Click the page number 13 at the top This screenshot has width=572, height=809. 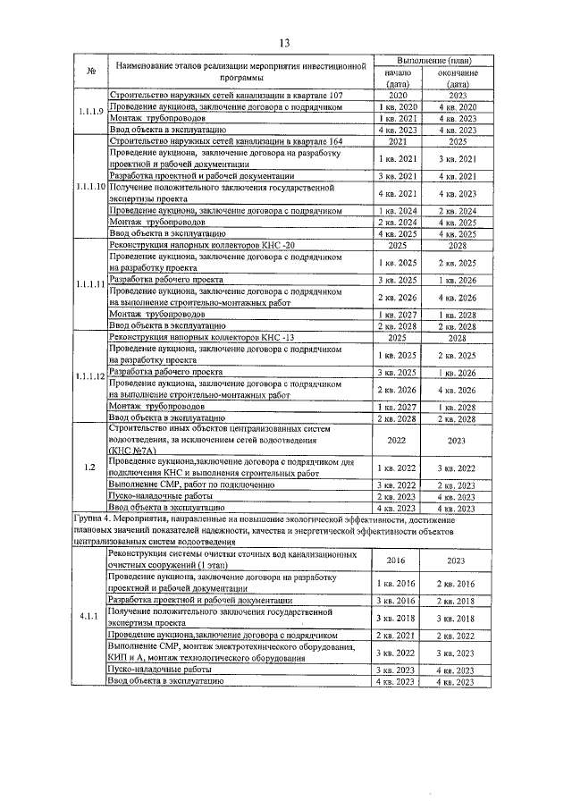click(285, 43)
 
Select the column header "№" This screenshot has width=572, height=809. click(90, 72)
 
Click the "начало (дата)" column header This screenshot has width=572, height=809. click(398, 78)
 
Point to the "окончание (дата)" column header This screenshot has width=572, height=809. click(458, 78)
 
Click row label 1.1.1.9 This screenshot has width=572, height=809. click(89, 112)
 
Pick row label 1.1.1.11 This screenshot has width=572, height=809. click(89, 284)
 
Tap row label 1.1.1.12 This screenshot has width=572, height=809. click(89, 376)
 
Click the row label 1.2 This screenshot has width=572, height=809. click(89, 467)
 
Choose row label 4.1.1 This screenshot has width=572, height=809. click(89, 616)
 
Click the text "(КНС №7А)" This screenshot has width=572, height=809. click(134, 451)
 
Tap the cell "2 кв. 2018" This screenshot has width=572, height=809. click(458, 601)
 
